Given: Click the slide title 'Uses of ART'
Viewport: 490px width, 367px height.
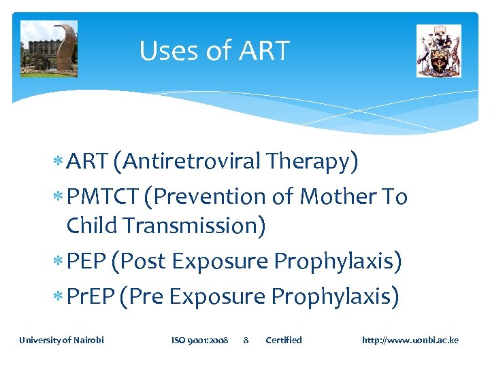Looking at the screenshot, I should click(x=214, y=51).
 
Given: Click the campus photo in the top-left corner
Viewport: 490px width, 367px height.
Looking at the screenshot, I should click(x=49, y=48).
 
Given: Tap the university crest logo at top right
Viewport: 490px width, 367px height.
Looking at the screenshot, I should click(x=438, y=51).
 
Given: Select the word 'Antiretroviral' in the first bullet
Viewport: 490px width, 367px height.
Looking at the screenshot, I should click(x=192, y=162).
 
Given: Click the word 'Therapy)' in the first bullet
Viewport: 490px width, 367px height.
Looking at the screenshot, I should click(x=312, y=162).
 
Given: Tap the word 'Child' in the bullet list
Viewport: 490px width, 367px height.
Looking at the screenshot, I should click(x=92, y=226).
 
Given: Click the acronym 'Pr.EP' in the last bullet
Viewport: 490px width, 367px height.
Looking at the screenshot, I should click(x=91, y=296).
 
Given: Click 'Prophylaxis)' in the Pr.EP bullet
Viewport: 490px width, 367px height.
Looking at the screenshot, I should click(x=335, y=296).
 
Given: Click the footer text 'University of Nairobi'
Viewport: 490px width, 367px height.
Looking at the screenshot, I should click(x=61, y=340).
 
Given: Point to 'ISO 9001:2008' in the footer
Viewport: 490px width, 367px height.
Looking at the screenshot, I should click(x=199, y=340).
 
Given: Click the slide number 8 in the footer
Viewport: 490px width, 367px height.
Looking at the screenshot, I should click(x=246, y=340).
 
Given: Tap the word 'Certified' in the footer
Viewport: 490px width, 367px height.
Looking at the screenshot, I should click(x=283, y=340).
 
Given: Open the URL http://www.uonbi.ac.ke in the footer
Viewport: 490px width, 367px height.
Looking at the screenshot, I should click(x=410, y=340).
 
